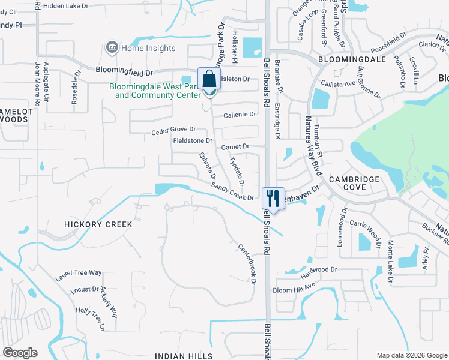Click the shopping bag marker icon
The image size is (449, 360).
[x=209, y=79]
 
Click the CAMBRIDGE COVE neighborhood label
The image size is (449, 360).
[x=354, y=183]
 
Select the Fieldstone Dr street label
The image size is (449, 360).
[x=193, y=141]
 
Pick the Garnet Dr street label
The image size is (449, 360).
[x=235, y=146]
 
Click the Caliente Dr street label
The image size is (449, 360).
[x=240, y=115]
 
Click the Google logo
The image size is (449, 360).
[x=20, y=353]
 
